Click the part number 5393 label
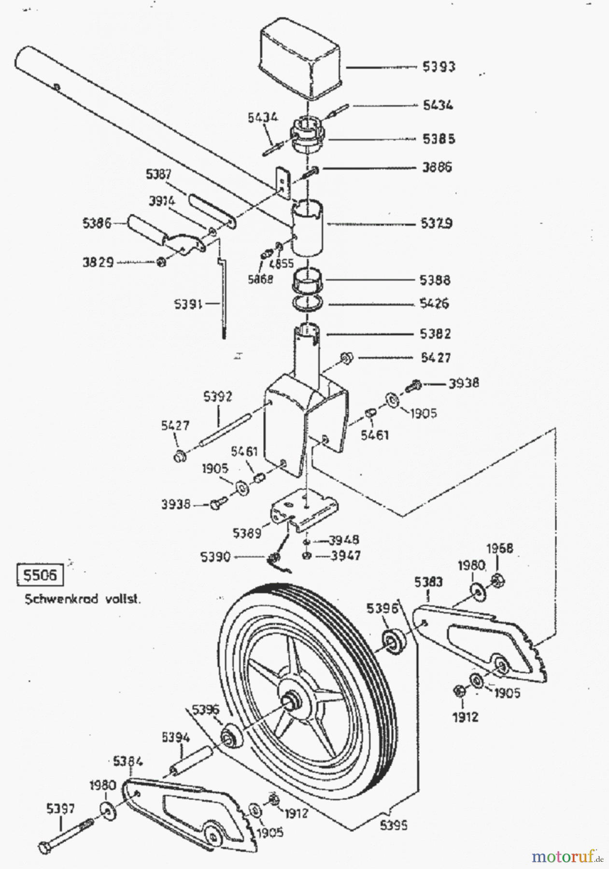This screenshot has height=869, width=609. point(439,67)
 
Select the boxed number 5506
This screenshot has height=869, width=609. point(40,575)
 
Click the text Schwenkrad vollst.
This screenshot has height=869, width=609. point(83,599)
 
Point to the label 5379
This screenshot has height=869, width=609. point(436,224)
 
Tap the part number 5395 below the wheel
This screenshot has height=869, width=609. point(393,825)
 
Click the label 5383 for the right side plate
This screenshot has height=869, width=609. point(428,582)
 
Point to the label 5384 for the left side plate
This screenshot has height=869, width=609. point(128,762)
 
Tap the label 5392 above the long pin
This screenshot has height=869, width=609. point(217,397)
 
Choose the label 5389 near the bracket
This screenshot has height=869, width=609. point(247,533)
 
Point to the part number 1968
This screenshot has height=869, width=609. point(499,549)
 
